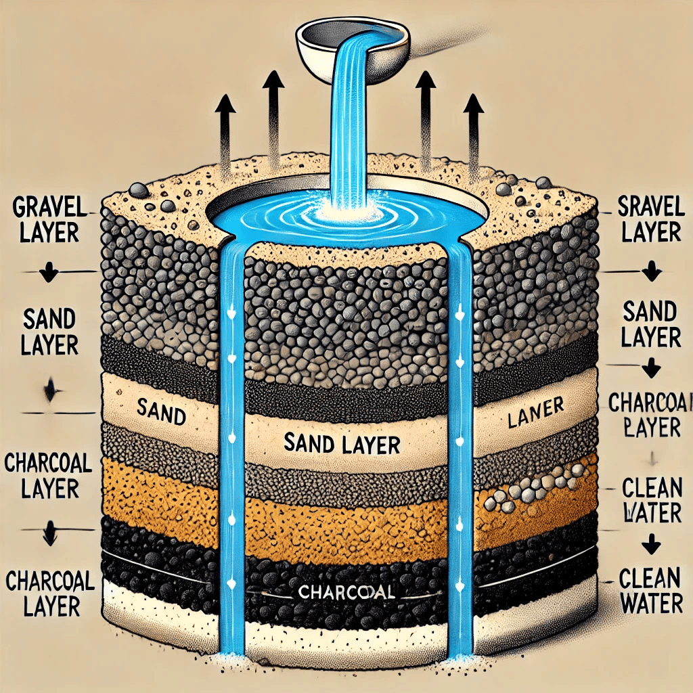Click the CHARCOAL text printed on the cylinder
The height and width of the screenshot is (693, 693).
(346, 593)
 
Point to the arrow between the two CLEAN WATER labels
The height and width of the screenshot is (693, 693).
(650, 542)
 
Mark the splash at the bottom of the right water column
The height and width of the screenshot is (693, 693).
(460, 655)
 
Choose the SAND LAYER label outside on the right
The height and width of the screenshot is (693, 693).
(650, 325)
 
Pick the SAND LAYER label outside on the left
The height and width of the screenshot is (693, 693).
(47, 332)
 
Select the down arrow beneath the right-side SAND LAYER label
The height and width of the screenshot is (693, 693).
(650, 369)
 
